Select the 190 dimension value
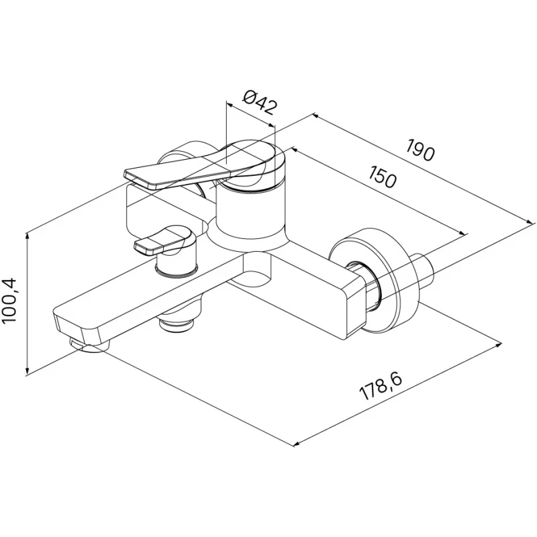pos(420,150)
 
